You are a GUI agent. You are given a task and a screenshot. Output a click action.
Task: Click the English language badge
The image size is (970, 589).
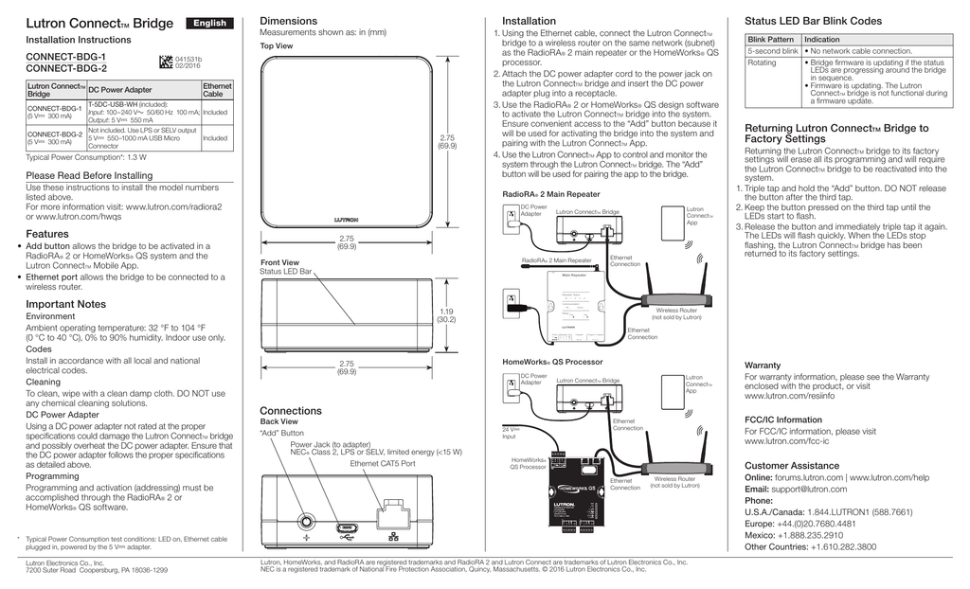[x=210, y=23]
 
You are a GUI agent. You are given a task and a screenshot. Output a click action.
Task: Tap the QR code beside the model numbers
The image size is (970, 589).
[x=165, y=62]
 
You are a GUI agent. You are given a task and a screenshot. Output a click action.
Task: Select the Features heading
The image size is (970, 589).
[x=47, y=233]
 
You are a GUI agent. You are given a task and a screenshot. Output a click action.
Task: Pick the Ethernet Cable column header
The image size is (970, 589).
[x=216, y=90]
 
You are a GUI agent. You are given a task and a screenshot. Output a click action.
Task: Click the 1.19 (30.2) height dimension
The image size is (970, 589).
[x=446, y=315]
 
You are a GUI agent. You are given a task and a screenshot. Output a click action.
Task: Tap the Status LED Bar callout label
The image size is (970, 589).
[x=285, y=272]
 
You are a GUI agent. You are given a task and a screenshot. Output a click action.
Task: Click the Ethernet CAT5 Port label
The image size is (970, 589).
[x=383, y=464]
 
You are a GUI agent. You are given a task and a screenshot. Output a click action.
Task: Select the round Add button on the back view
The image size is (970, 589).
[x=307, y=520]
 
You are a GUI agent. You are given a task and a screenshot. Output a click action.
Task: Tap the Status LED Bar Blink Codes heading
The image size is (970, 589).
[x=813, y=21]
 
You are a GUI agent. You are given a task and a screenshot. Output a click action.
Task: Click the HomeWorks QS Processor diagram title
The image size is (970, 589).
[x=551, y=362]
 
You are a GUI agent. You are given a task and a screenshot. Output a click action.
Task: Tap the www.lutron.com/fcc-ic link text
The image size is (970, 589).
[x=786, y=441]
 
